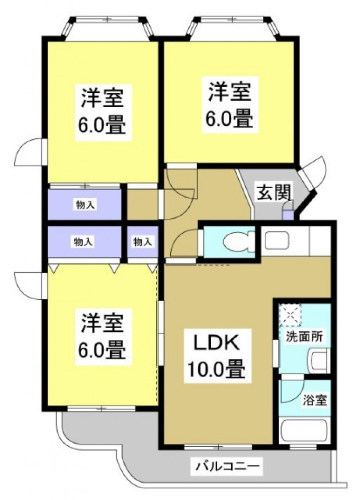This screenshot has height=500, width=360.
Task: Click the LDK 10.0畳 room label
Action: pos(216,356)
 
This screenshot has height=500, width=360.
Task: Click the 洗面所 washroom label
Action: pos(304,336)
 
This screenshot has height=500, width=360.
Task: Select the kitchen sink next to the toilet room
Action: pos(277,240)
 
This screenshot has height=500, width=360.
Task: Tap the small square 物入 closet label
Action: pos(142,242)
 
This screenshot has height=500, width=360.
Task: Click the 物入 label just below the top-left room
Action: pos(85,205)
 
